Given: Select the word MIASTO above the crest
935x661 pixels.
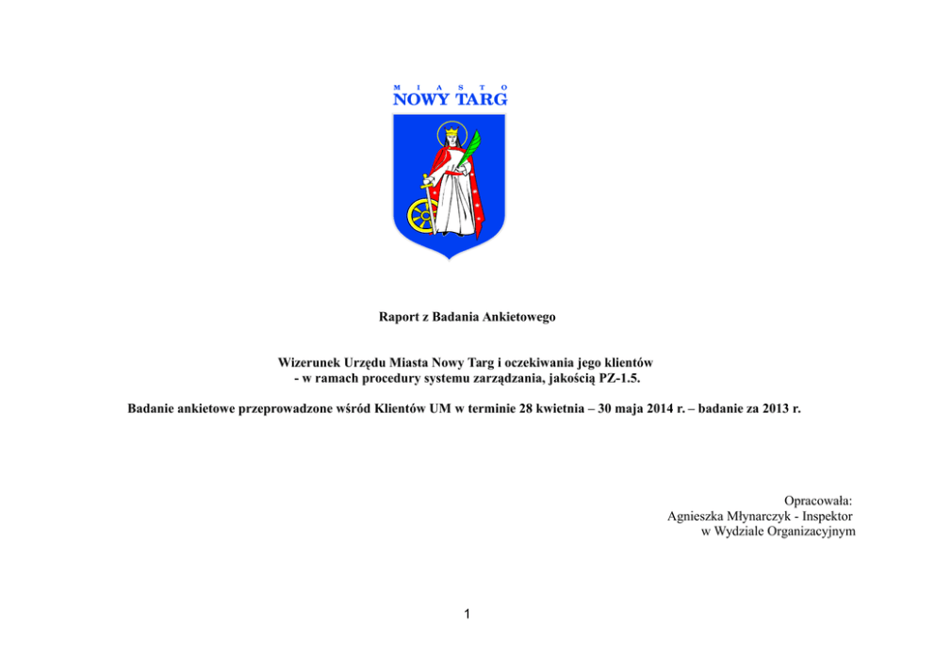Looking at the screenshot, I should (450, 86).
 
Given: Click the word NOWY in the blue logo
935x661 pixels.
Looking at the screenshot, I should (420, 98).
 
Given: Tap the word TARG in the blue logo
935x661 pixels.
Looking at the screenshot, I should (482, 98).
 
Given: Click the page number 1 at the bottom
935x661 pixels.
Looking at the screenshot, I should (467, 615).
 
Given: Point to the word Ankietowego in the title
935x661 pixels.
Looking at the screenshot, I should (519, 317).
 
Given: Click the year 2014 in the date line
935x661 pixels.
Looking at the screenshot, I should (647, 411).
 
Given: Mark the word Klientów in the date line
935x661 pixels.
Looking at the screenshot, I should (400, 411).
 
